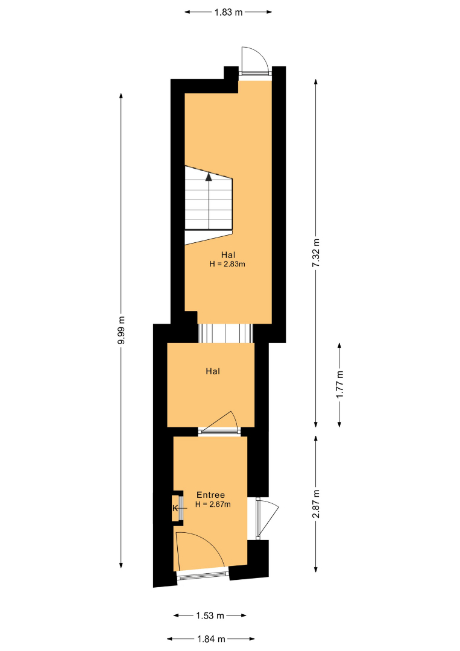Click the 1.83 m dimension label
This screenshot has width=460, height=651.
[228, 12]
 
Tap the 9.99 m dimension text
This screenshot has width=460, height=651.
[121, 330]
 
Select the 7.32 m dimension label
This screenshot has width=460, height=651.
[316, 253]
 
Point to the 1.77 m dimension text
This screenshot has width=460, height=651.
[339, 385]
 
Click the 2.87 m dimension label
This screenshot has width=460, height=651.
[316, 504]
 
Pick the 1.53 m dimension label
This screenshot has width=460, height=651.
[210, 615]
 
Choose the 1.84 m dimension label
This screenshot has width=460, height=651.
[211, 639]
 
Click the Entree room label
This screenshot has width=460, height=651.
[210, 495]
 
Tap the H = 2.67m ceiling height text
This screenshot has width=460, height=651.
[213, 505]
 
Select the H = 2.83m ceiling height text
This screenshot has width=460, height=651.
[227, 264]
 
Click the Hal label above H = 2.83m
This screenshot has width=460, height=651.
[228, 255]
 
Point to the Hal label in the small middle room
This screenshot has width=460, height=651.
[213, 371]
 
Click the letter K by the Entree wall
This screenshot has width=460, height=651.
[175, 508]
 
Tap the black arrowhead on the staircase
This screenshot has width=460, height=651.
[209, 177]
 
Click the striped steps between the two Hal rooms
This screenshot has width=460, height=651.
[225, 333]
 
